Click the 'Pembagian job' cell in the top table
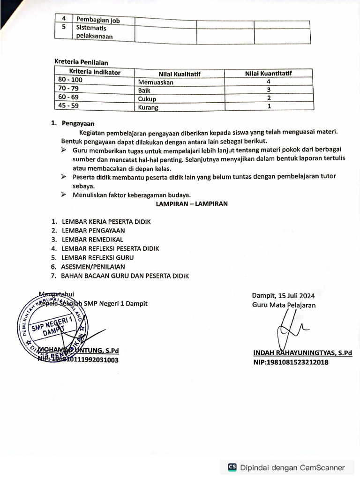click(x=98, y=21)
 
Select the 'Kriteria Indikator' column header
click(x=95, y=72)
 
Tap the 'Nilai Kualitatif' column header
click(x=180, y=74)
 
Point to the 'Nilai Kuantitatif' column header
click(x=269, y=73)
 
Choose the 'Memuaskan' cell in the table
click(x=156, y=82)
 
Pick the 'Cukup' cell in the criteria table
click(x=147, y=99)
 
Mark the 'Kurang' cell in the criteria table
click(x=148, y=107)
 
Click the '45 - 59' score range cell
click(x=68, y=106)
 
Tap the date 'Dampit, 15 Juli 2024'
click(x=283, y=295)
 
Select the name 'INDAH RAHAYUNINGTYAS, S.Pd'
click(x=302, y=353)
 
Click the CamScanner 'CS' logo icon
click(x=232, y=467)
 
